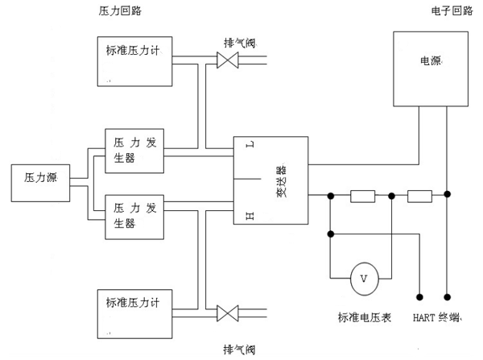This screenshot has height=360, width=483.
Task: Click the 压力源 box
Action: click(41, 183)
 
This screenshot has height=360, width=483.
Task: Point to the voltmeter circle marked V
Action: click(363, 279)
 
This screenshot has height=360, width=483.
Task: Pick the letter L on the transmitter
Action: click(249, 145)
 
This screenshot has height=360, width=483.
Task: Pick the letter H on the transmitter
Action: click(249, 215)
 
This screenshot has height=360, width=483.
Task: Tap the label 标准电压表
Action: click(364, 317)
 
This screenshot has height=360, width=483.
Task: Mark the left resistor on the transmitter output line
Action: click(362, 195)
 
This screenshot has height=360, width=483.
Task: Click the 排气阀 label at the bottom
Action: click(240, 349)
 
